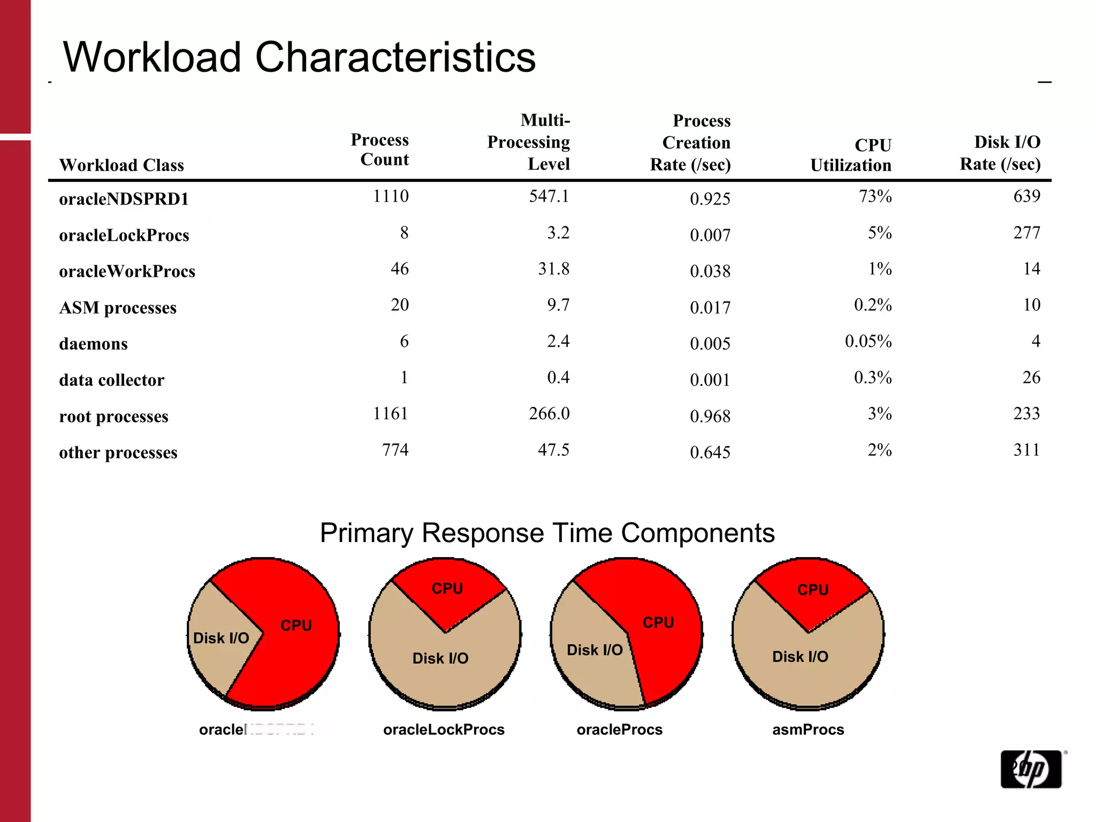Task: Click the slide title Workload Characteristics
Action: [299, 57]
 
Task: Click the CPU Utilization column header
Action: [851, 155]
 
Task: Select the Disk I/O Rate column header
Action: [1000, 153]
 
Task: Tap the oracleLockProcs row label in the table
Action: [124, 235]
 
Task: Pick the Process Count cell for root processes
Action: [390, 414]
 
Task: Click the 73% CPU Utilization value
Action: [875, 196]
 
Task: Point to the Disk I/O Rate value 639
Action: [1026, 196]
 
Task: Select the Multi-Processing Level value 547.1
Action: [549, 196]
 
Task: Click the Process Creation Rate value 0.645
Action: [710, 453]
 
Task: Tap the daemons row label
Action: [94, 344]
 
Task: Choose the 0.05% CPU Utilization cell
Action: [868, 341]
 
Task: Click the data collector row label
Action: [112, 380]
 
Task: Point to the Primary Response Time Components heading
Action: [547, 533]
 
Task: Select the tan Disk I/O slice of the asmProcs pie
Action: [800, 669]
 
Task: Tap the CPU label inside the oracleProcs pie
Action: [658, 622]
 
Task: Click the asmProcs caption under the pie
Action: [808, 729]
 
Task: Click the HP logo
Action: [1031, 769]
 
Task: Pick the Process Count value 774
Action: [395, 450]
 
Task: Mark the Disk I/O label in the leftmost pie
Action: [220, 638]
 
